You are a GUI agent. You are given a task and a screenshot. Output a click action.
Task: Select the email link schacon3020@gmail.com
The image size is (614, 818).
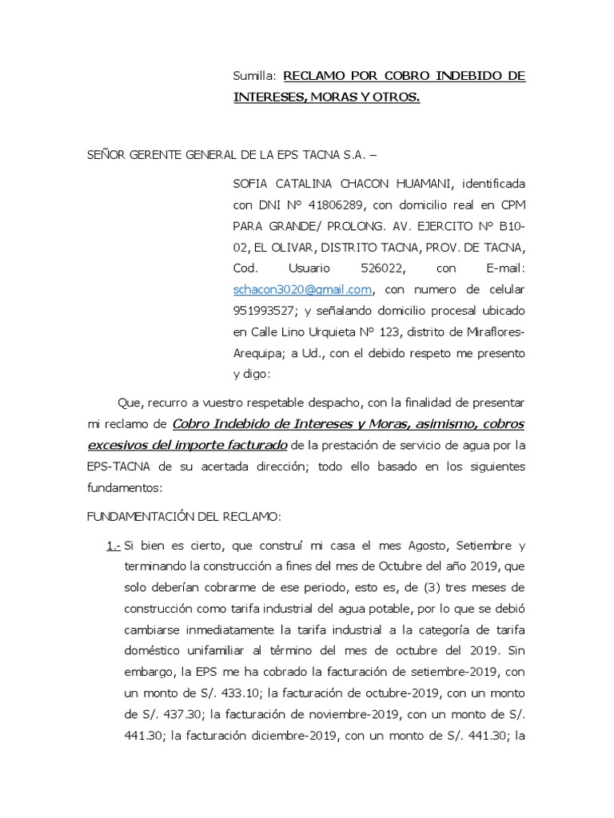[x=302, y=289]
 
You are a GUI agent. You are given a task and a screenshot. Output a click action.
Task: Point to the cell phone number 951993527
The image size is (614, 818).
[x=265, y=310]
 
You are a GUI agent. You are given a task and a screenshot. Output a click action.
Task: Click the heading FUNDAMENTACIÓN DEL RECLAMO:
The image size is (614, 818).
[x=184, y=517]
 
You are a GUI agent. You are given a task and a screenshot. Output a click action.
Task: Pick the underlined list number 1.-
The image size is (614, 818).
[x=113, y=546]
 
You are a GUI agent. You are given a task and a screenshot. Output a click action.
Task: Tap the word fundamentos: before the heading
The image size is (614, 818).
[x=124, y=486]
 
